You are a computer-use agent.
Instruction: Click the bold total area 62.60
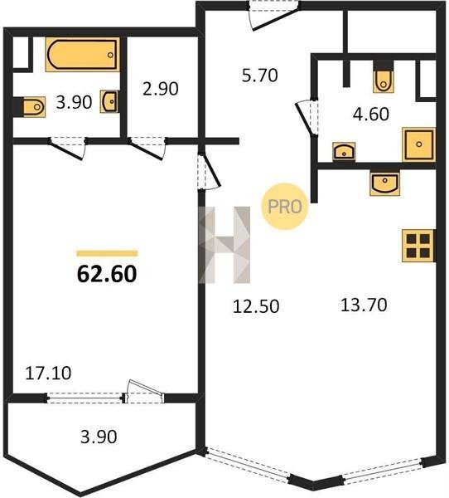[107, 274]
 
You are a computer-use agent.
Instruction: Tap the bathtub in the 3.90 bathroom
[83, 55]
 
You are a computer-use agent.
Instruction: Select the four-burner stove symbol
[418, 246]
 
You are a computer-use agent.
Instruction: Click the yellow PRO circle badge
[284, 207]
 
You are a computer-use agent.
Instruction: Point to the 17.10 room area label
[48, 373]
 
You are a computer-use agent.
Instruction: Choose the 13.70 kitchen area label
[364, 305]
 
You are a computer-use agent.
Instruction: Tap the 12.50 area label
[256, 306]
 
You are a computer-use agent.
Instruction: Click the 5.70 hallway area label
[259, 76]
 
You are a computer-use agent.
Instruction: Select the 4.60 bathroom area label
[370, 114]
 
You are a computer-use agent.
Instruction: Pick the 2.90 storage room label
[161, 89]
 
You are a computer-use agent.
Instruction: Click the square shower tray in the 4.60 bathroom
[418, 144]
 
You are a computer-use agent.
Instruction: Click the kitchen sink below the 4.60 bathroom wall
[384, 183]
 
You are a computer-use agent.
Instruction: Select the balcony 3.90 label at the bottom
[99, 437]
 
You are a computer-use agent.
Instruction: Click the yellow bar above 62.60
[107, 253]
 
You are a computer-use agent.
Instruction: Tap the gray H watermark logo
[224, 245]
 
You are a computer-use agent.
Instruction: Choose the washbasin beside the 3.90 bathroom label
[109, 101]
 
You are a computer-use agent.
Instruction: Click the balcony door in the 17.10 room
[144, 392]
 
